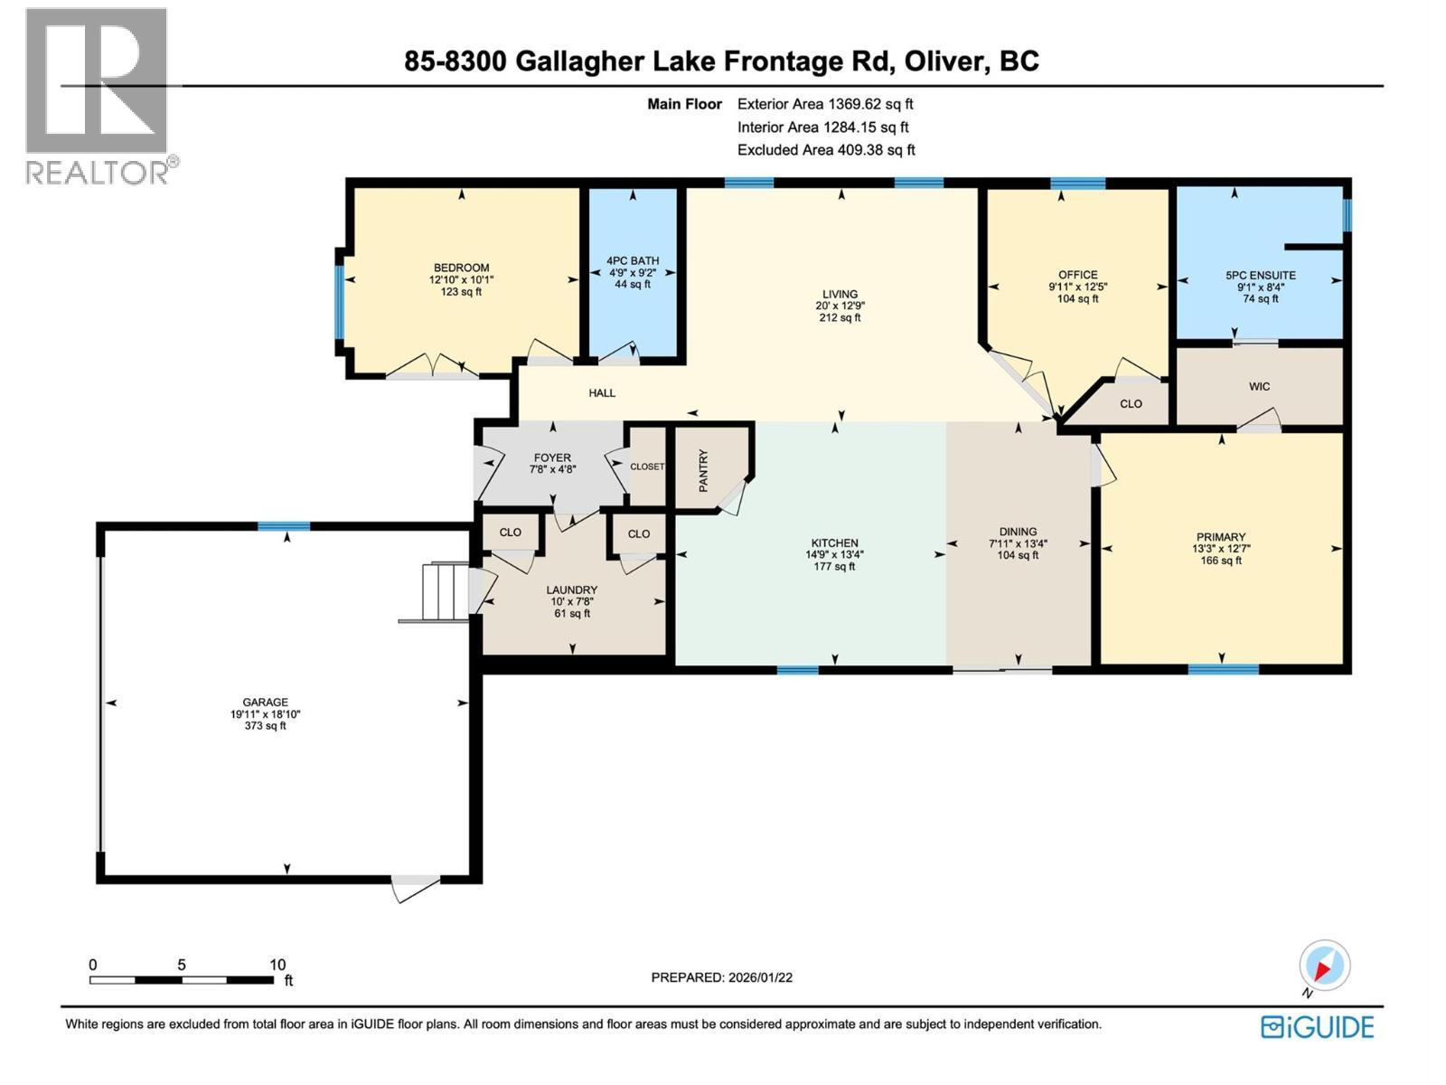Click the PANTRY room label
[704, 470]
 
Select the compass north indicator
[1324, 967]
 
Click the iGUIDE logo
[1318, 1027]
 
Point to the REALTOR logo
[98, 95]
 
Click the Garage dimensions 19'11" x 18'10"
[265, 713]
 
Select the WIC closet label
[1259, 386]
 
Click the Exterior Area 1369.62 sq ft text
[824, 104]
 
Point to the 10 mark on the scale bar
[277, 965]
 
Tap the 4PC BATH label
[633, 260]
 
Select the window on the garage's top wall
[284, 526]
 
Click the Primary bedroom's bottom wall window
[1223, 669]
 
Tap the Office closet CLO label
[1131, 404]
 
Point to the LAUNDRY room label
[571, 590]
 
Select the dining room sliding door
[1002, 670]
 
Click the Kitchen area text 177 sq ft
[833, 567]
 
